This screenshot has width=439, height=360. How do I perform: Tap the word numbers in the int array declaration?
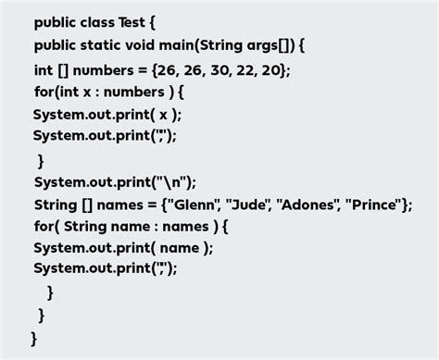[x=101, y=69]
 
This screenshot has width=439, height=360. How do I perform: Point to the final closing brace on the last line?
[x=33, y=339]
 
